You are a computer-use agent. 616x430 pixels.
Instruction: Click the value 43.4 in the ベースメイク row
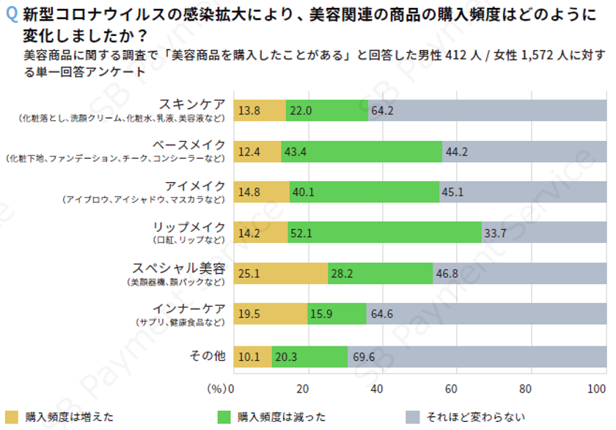[x=295, y=151]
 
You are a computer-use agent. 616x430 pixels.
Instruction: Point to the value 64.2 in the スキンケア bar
[x=383, y=110]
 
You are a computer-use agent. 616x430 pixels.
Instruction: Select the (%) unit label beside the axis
[x=218, y=388]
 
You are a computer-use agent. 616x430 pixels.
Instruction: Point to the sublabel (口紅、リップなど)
[x=188, y=240]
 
